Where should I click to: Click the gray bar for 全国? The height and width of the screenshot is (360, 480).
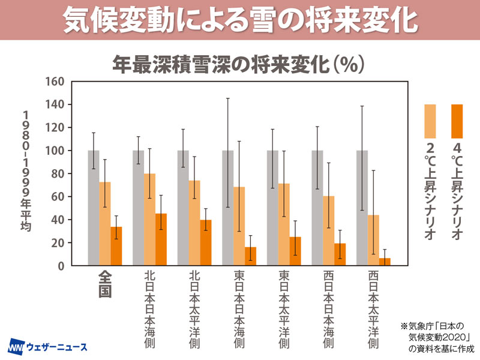[94, 208]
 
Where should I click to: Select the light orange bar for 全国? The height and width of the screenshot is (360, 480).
[105, 223]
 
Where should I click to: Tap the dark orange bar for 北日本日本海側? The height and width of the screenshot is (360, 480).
[161, 239]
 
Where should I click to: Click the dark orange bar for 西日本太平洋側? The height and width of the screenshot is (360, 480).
[385, 262]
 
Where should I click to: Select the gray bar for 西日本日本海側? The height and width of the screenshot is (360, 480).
[317, 208]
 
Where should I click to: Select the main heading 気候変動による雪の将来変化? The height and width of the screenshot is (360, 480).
[240, 20]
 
